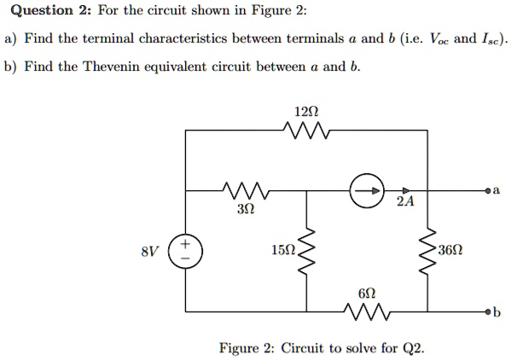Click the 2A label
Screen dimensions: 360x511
(405, 203)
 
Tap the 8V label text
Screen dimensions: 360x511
(150, 252)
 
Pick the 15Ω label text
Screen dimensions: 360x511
(282, 251)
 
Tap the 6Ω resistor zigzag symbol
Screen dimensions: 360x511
(367, 311)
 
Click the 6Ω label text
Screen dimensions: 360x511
(367, 293)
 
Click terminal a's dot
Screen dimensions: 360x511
(487, 190)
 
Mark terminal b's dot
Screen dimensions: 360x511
(487, 311)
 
